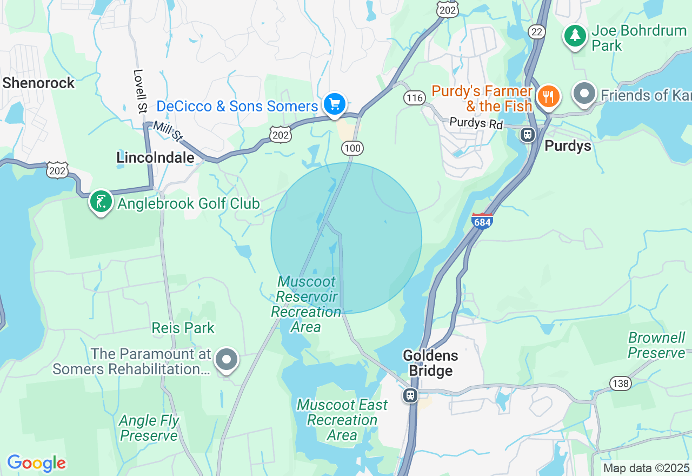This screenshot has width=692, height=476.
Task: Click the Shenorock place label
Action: [38, 83]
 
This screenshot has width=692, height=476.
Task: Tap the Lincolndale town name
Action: [155, 157]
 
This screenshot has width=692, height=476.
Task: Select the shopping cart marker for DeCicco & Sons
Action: [335, 103]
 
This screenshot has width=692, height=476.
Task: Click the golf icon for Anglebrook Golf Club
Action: [101, 202]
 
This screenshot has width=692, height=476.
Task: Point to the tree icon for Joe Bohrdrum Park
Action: [575, 36]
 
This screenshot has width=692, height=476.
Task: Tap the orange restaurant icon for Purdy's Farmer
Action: [549, 97]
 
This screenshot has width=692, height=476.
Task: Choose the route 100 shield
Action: [352, 148]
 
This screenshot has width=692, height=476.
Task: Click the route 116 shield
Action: [414, 98]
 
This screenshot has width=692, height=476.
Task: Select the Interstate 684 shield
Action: [482, 221]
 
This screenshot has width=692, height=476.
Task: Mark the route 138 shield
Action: [620, 384]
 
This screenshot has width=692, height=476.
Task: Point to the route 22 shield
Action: [537, 32]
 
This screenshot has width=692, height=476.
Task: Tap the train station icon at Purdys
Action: [528, 134]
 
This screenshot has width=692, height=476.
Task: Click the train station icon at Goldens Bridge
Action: [410, 395]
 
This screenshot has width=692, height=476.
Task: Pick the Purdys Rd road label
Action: [476, 123]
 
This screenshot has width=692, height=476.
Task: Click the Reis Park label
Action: [183, 328]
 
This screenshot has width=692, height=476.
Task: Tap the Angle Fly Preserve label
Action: [149, 428]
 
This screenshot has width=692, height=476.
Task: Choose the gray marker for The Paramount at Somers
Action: [227, 360]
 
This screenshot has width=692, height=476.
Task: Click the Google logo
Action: [36, 463]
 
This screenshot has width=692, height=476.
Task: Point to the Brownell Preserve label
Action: [656, 345]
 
